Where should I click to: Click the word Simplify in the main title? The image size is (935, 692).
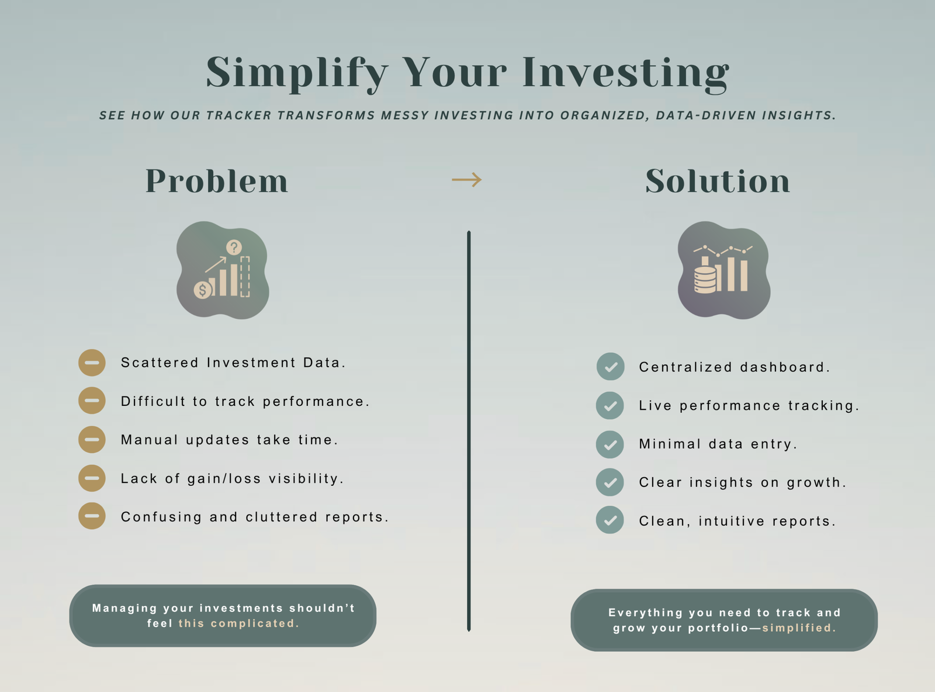point(297,74)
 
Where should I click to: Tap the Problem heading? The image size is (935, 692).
point(217,181)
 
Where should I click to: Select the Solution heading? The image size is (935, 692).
point(718,181)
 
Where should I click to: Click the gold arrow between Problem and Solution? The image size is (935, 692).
point(467,179)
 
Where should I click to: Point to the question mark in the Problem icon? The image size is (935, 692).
point(234,247)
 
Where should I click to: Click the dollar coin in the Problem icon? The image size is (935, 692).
point(203,290)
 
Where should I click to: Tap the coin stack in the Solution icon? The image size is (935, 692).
point(705,279)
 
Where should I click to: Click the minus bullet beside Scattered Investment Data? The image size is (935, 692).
point(92,363)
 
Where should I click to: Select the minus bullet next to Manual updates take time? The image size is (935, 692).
point(92,440)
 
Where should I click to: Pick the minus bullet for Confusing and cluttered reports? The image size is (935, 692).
point(92,516)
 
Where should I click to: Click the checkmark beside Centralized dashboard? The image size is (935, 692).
point(611,367)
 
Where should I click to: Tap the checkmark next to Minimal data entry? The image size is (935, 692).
point(610,444)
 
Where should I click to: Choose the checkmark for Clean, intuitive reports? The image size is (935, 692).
point(610,520)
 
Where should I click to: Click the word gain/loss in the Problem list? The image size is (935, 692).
point(224,479)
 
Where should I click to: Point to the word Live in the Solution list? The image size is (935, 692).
point(655,405)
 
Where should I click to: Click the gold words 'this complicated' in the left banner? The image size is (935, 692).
point(238,623)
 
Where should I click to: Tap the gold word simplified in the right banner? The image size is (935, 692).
point(799,628)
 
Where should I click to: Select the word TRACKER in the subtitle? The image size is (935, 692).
point(238,116)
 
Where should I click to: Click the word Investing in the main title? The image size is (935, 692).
point(626,74)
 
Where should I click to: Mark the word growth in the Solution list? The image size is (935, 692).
point(816,483)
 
